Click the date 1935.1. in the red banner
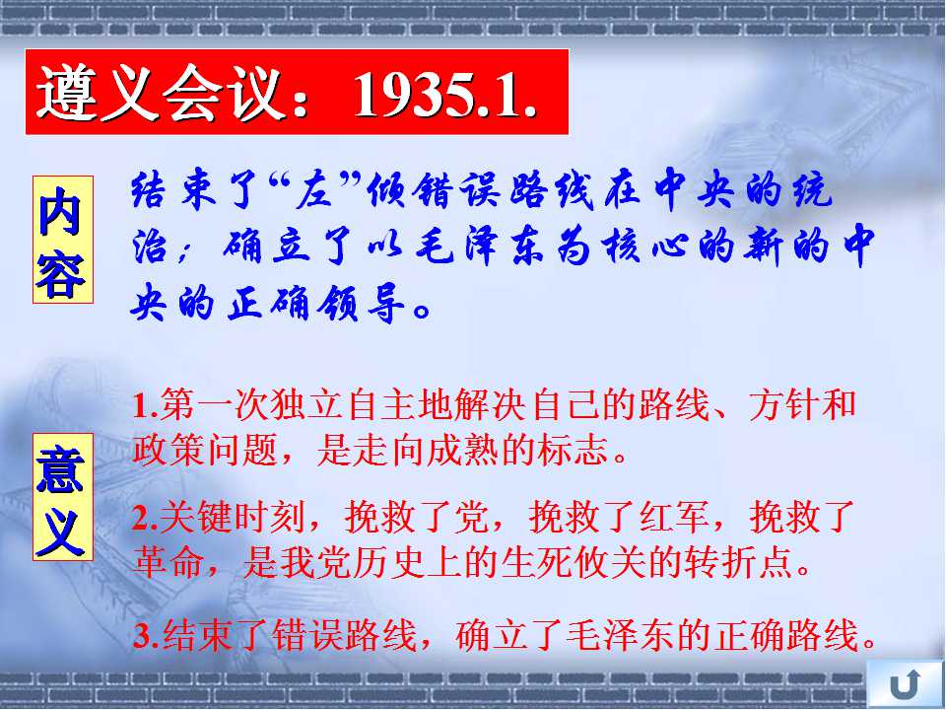click(444, 95)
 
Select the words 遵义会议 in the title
click(160, 93)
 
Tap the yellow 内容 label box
click(63, 239)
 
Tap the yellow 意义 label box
click(63, 496)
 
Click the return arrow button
click(905, 684)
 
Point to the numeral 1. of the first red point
click(146, 405)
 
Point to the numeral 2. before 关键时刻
click(146, 518)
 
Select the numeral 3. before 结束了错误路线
click(147, 634)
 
